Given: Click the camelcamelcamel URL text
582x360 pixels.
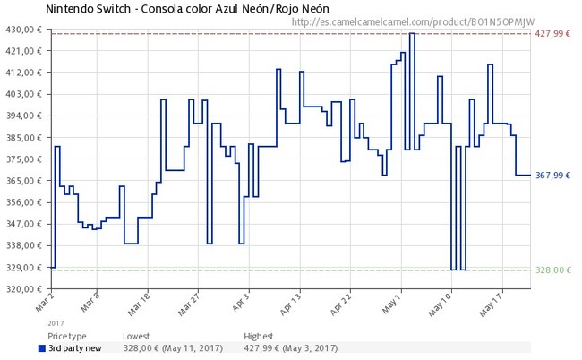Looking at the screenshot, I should [419, 21].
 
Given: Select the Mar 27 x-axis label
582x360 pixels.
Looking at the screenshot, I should [187, 302].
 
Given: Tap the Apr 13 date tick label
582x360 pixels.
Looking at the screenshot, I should [288, 302].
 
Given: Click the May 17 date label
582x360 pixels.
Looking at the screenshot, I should [493, 302].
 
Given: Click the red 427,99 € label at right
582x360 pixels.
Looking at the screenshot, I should [552, 34].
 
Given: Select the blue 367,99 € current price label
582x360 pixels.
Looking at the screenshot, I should [552, 176].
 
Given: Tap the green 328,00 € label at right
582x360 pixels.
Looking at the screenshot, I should [552, 270].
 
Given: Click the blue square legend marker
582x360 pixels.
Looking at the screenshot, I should [42, 347].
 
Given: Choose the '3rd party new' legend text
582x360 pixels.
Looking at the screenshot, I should [74, 347].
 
